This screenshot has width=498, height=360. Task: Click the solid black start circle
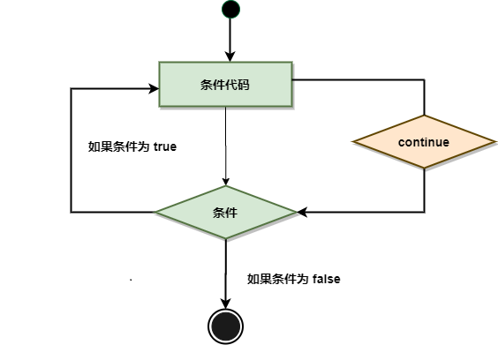[x=230, y=9]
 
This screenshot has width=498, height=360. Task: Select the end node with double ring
[x=225, y=326]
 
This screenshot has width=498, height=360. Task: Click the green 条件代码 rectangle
[x=225, y=84]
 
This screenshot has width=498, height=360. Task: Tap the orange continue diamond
[x=425, y=141]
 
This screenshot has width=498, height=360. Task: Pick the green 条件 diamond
[x=226, y=212]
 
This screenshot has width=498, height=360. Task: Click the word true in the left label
[x=165, y=146]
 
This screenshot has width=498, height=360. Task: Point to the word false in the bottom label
[x=326, y=279]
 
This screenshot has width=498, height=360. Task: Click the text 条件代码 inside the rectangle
[x=225, y=85]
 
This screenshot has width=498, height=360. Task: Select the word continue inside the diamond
[x=424, y=142]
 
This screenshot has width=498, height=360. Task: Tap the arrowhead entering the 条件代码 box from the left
[x=155, y=88]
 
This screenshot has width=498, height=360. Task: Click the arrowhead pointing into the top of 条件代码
[x=230, y=56]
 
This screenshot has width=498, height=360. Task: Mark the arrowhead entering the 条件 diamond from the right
[x=302, y=212]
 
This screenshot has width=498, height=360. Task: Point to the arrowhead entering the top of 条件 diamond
[x=226, y=182]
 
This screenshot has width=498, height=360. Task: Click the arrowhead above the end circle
[x=225, y=304]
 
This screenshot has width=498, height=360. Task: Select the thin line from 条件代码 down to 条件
[x=226, y=146]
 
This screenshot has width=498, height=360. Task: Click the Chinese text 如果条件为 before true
[x=118, y=146]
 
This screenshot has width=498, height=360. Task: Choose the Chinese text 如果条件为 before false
[x=277, y=279]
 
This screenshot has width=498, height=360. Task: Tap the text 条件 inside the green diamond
[x=225, y=213]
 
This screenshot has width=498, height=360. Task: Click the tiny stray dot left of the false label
[x=131, y=280]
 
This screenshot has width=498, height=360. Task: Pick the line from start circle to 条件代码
[x=230, y=35]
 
